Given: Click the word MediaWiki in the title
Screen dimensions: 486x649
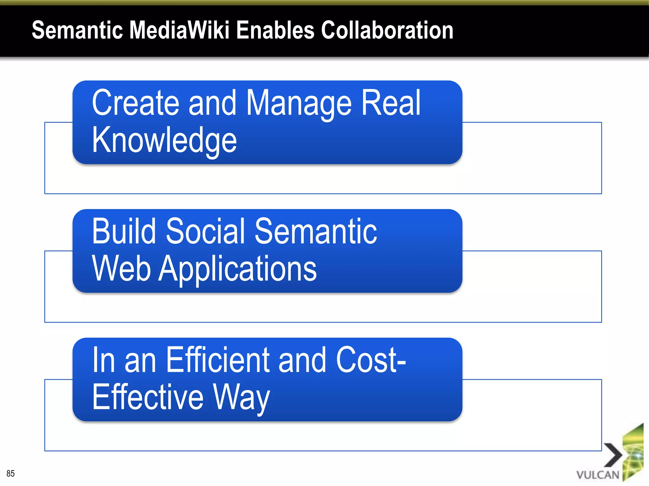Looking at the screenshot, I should [179, 30].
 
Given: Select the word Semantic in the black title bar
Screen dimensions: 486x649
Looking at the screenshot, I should [77, 30].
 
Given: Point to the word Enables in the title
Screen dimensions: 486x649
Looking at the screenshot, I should [275, 30].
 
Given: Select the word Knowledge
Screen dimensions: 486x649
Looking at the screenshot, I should [164, 140].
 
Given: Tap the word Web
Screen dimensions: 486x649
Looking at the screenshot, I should [121, 268].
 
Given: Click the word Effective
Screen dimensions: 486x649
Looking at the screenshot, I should [148, 397].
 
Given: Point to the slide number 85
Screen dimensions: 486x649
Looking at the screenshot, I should [10, 473].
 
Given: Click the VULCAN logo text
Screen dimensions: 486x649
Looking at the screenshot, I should [598, 475].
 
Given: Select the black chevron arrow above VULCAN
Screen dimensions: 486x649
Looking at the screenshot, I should [614, 455].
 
